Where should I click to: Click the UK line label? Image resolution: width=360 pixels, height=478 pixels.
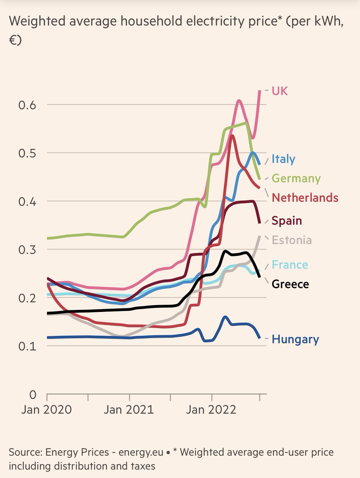[x=280, y=91]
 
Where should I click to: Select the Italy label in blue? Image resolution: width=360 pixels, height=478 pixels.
[x=284, y=159]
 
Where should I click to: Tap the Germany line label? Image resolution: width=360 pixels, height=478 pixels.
[x=296, y=178]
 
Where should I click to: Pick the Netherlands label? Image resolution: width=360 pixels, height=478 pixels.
[x=305, y=198]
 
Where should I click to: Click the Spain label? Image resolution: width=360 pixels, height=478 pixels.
[x=287, y=221]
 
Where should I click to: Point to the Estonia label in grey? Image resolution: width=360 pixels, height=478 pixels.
[x=292, y=240]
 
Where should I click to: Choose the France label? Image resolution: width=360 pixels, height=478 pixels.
[x=290, y=265]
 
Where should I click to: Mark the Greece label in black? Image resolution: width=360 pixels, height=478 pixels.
[x=290, y=284]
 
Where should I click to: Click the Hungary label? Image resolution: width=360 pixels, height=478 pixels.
[x=295, y=340]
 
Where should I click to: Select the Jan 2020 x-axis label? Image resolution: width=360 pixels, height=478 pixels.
[x=47, y=410]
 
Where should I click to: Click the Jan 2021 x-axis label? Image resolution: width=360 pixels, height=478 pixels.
[x=129, y=410]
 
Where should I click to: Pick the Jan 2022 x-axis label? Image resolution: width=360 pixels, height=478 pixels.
[x=211, y=410]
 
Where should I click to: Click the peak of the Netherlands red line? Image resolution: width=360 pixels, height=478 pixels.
[x=231, y=136]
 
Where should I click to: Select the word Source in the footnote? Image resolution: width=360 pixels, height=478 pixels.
[x=25, y=453]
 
